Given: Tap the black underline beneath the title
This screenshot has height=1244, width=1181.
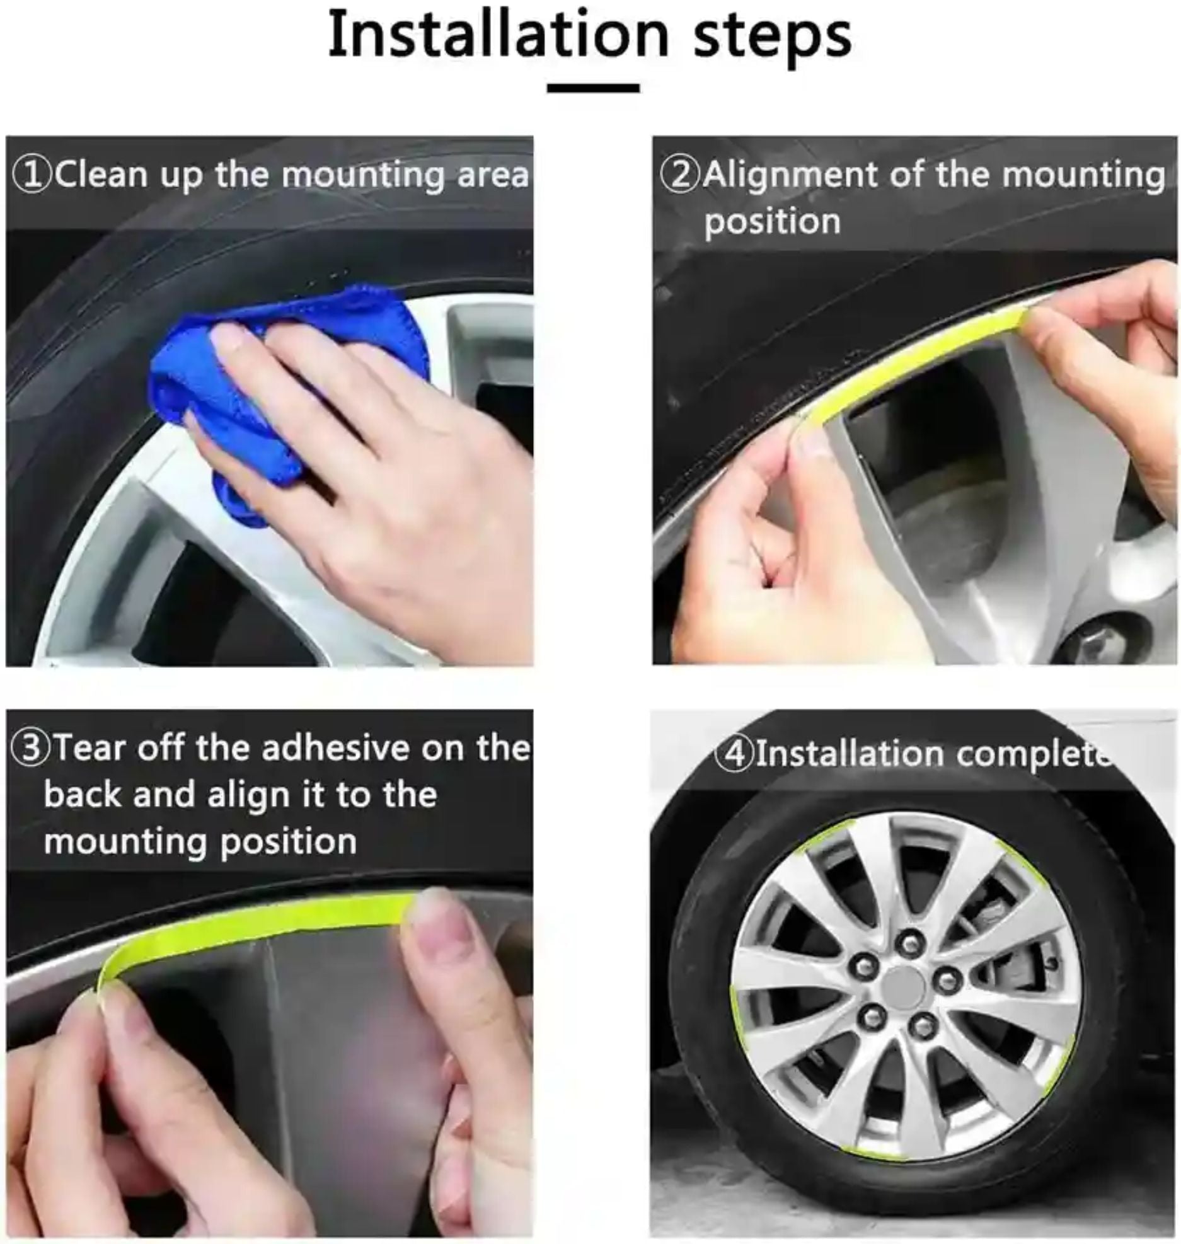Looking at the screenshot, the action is coord(593,88).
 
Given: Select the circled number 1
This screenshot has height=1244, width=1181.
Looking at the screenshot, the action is coord(32,175).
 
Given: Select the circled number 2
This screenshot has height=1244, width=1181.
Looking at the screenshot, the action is coord(681,175).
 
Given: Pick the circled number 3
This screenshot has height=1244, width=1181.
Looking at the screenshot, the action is coord(31,749).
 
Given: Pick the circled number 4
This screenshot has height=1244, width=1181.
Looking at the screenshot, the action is coord(735,754).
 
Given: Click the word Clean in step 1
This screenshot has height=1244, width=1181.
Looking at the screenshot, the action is coord(101,175).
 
